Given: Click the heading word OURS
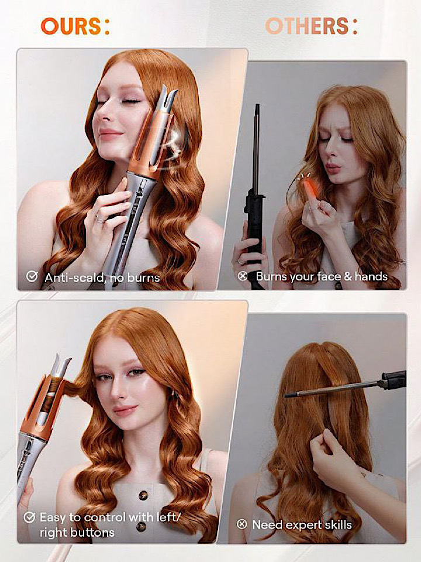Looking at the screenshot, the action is coord(71,26).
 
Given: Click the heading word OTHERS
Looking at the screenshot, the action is coord(307,26).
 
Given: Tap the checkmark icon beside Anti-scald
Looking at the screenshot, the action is coord(32,276).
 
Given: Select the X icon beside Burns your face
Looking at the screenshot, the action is coord(243,276).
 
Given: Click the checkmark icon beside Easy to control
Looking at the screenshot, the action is coord(29,517).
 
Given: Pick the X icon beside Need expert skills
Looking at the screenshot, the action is coord(242,525).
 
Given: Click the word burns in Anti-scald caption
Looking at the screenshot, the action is coord(144,277).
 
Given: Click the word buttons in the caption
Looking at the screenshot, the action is coord(77,533).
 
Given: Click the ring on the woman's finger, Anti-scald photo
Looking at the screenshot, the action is coord(100,218).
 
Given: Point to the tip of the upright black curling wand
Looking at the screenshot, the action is coord(257,105).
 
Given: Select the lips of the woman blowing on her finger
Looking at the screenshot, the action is coord(333,168).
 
